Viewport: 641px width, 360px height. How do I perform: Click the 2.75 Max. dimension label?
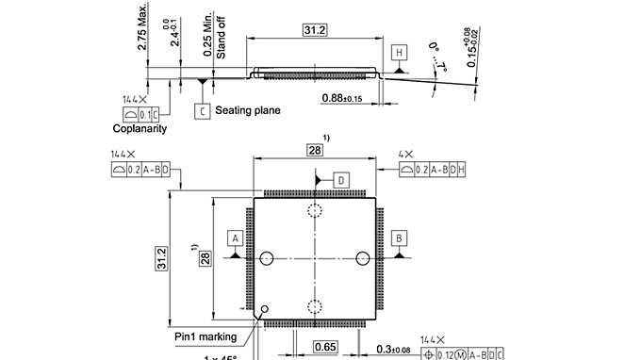pos(142,31)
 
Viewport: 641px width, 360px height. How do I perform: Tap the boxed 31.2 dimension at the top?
pos(314,30)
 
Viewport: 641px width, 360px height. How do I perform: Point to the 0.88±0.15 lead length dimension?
pos(347,97)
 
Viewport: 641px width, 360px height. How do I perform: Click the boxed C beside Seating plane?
pos(202,110)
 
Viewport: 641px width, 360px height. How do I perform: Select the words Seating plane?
pos(248,110)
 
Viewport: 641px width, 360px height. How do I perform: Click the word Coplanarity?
pos(140,128)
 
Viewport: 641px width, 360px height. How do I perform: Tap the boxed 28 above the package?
pos(314,151)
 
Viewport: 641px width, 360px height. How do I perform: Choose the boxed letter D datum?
pos(341,178)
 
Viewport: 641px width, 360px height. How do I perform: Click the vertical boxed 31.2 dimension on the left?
pos(161,255)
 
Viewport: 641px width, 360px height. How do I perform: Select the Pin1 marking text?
pos(206,336)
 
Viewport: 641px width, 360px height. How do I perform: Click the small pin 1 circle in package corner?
pos(265,308)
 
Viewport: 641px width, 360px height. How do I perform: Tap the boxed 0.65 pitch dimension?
pos(325,348)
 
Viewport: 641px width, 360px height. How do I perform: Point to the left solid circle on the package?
pos(267,257)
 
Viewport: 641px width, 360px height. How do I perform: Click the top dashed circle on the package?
pos(314,211)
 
